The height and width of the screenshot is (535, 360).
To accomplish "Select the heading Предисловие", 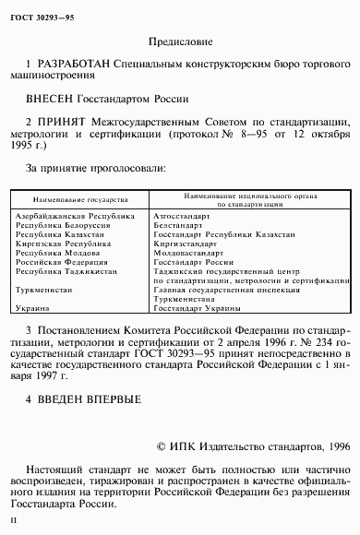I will [x=180, y=42].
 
